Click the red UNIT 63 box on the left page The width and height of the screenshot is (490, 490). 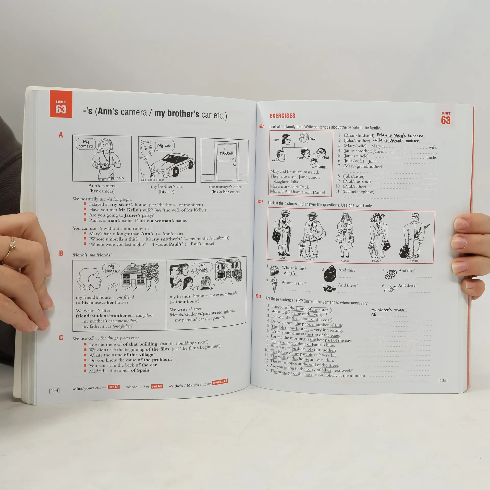[61, 104]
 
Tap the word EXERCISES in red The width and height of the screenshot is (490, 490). [282, 116]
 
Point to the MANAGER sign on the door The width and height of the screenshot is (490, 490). [226, 153]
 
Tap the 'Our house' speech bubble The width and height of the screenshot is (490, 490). [202, 268]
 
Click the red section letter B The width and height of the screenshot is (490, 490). [61, 253]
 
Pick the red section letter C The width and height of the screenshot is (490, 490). [61, 338]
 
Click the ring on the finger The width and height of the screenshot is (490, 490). [11, 245]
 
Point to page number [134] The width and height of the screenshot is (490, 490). [54, 390]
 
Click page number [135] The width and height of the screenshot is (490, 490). [443, 381]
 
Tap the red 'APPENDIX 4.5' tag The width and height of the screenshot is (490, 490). [220, 382]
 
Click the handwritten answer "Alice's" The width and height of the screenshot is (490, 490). [290, 273]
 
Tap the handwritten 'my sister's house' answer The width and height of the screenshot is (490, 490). [388, 310]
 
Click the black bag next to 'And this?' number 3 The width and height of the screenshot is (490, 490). [330, 273]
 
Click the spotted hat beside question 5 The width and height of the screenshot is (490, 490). [390, 274]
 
